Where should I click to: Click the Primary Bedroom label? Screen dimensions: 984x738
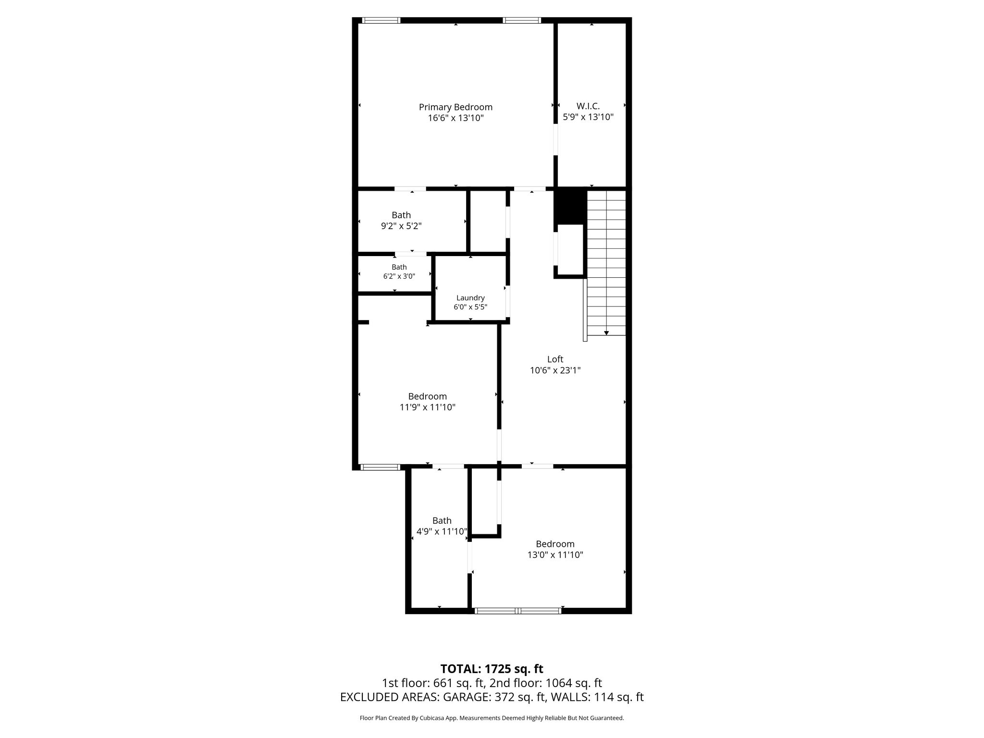coord(455,107)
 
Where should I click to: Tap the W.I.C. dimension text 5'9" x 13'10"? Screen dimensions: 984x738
coord(588,117)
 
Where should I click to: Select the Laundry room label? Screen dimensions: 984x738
coord(470,298)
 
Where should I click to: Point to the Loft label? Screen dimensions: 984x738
coord(555,359)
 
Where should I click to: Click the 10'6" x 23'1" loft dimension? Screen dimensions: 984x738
coord(555,370)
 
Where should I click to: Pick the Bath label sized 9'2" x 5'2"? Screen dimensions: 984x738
coord(401,215)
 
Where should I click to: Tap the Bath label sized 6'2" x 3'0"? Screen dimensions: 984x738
coord(399,267)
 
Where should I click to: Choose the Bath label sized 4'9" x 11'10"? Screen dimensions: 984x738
coord(442,520)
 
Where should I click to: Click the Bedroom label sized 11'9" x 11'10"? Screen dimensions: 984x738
coord(428,396)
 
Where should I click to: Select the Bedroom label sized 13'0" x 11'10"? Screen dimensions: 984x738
coord(555,544)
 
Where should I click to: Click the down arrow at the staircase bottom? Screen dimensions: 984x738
coord(606,332)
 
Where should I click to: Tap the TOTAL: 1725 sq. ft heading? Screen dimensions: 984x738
coord(492,669)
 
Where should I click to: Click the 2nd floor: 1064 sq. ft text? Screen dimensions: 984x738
coord(545,683)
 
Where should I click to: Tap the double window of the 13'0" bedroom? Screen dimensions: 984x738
coord(517,611)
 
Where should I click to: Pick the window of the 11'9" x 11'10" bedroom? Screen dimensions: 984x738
coord(380,467)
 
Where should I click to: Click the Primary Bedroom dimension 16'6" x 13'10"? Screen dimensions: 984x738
coord(455,118)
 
